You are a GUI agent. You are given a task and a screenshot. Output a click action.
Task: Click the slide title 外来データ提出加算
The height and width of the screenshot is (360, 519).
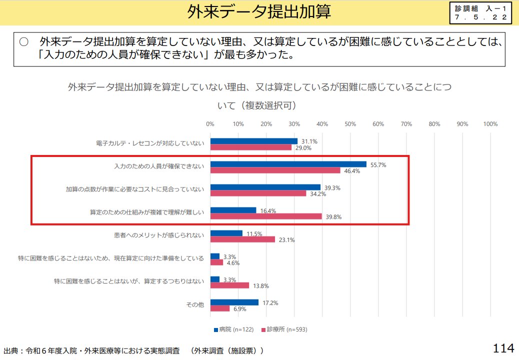point(259,12)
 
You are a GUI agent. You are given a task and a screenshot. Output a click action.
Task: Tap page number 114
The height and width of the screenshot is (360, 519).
point(503,348)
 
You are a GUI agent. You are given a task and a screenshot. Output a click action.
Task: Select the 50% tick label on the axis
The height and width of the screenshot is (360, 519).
point(350,124)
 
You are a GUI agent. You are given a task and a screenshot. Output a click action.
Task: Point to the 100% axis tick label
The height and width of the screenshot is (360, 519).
point(489,124)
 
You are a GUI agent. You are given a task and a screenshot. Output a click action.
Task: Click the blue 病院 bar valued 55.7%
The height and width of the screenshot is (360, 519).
point(288,164)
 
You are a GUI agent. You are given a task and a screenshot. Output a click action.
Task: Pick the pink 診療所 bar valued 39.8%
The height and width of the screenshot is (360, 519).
point(266,216)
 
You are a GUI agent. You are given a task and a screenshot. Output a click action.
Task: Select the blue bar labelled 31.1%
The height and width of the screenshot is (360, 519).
point(254,141)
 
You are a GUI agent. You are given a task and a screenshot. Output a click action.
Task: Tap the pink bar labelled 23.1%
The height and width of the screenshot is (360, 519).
point(242,239)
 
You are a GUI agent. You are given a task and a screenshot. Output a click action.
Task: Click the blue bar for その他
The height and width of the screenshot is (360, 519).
point(234,302)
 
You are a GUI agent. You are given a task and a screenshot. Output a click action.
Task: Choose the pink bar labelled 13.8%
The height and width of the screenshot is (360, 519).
point(229,285)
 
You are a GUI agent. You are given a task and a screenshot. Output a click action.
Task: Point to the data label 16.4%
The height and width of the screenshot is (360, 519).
point(268,211)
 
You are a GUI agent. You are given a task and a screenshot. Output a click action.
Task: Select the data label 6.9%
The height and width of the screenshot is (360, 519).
point(240,309)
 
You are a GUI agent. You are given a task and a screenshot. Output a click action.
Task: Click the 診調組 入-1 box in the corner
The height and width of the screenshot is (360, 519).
point(481,13)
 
